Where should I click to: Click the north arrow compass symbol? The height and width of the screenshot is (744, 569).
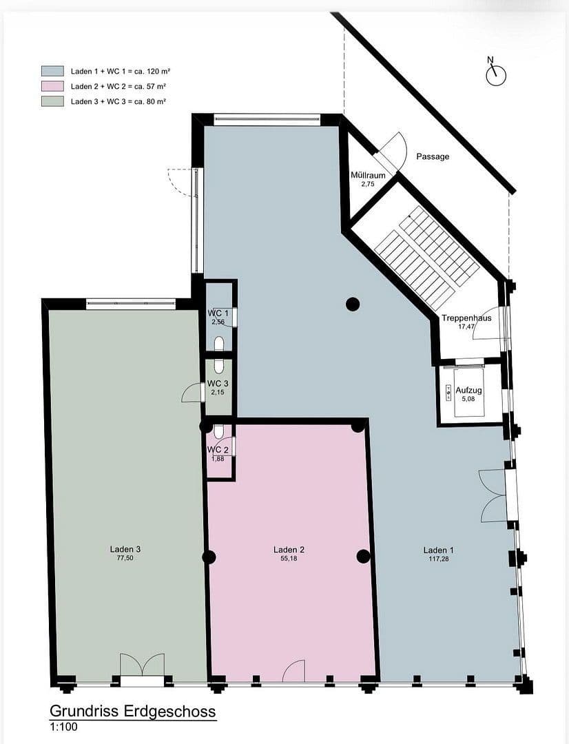(x=495, y=74)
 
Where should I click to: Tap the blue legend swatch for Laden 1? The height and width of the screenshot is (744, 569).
(x=52, y=71)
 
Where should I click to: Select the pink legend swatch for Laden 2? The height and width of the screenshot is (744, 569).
(x=52, y=86)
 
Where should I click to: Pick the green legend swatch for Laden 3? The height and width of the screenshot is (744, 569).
(x=52, y=101)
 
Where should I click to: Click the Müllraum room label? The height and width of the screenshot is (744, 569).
(x=368, y=176)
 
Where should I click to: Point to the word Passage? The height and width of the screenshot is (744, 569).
(x=433, y=156)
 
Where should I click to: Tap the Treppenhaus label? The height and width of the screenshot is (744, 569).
(x=466, y=318)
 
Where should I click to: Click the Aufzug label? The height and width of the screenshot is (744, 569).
(x=468, y=391)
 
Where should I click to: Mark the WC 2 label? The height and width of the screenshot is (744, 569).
(x=218, y=451)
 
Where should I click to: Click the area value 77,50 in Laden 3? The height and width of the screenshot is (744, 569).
(x=125, y=559)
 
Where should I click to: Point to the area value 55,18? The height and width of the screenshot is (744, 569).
(x=289, y=559)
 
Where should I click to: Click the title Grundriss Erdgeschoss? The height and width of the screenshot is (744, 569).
(x=132, y=711)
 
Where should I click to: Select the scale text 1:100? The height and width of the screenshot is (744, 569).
(x=63, y=727)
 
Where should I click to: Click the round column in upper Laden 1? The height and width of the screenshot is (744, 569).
(x=353, y=303)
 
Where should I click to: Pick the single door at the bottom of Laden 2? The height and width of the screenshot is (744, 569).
(x=295, y=672)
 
